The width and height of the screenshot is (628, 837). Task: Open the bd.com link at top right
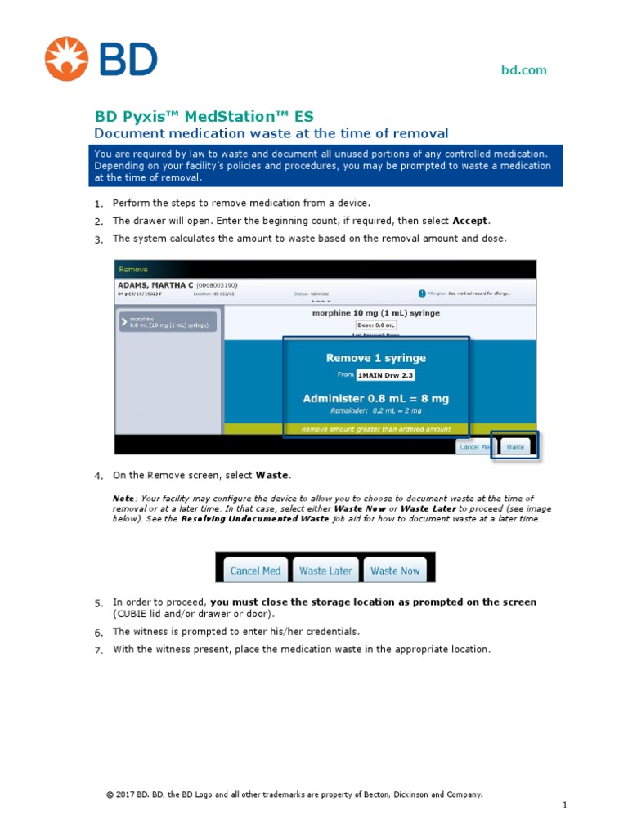523,70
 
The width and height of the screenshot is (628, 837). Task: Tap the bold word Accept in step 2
469,221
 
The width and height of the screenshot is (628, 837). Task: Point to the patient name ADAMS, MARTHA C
156,285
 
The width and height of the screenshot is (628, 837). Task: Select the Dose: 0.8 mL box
375,325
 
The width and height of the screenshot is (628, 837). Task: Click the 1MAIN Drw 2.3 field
384,375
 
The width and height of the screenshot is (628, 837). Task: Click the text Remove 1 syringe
375,358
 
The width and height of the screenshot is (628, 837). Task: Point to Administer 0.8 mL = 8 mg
375,398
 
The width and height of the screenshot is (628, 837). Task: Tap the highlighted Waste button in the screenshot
515,447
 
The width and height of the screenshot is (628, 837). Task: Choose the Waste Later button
325,571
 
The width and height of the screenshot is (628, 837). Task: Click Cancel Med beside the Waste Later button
255,571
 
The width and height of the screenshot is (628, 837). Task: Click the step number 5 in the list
98,603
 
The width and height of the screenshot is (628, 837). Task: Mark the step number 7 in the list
98,651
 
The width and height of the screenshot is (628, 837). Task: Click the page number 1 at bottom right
564,805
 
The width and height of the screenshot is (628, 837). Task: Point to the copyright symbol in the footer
110,794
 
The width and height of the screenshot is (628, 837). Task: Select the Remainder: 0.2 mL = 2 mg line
375,411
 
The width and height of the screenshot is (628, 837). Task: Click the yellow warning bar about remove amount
375,428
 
